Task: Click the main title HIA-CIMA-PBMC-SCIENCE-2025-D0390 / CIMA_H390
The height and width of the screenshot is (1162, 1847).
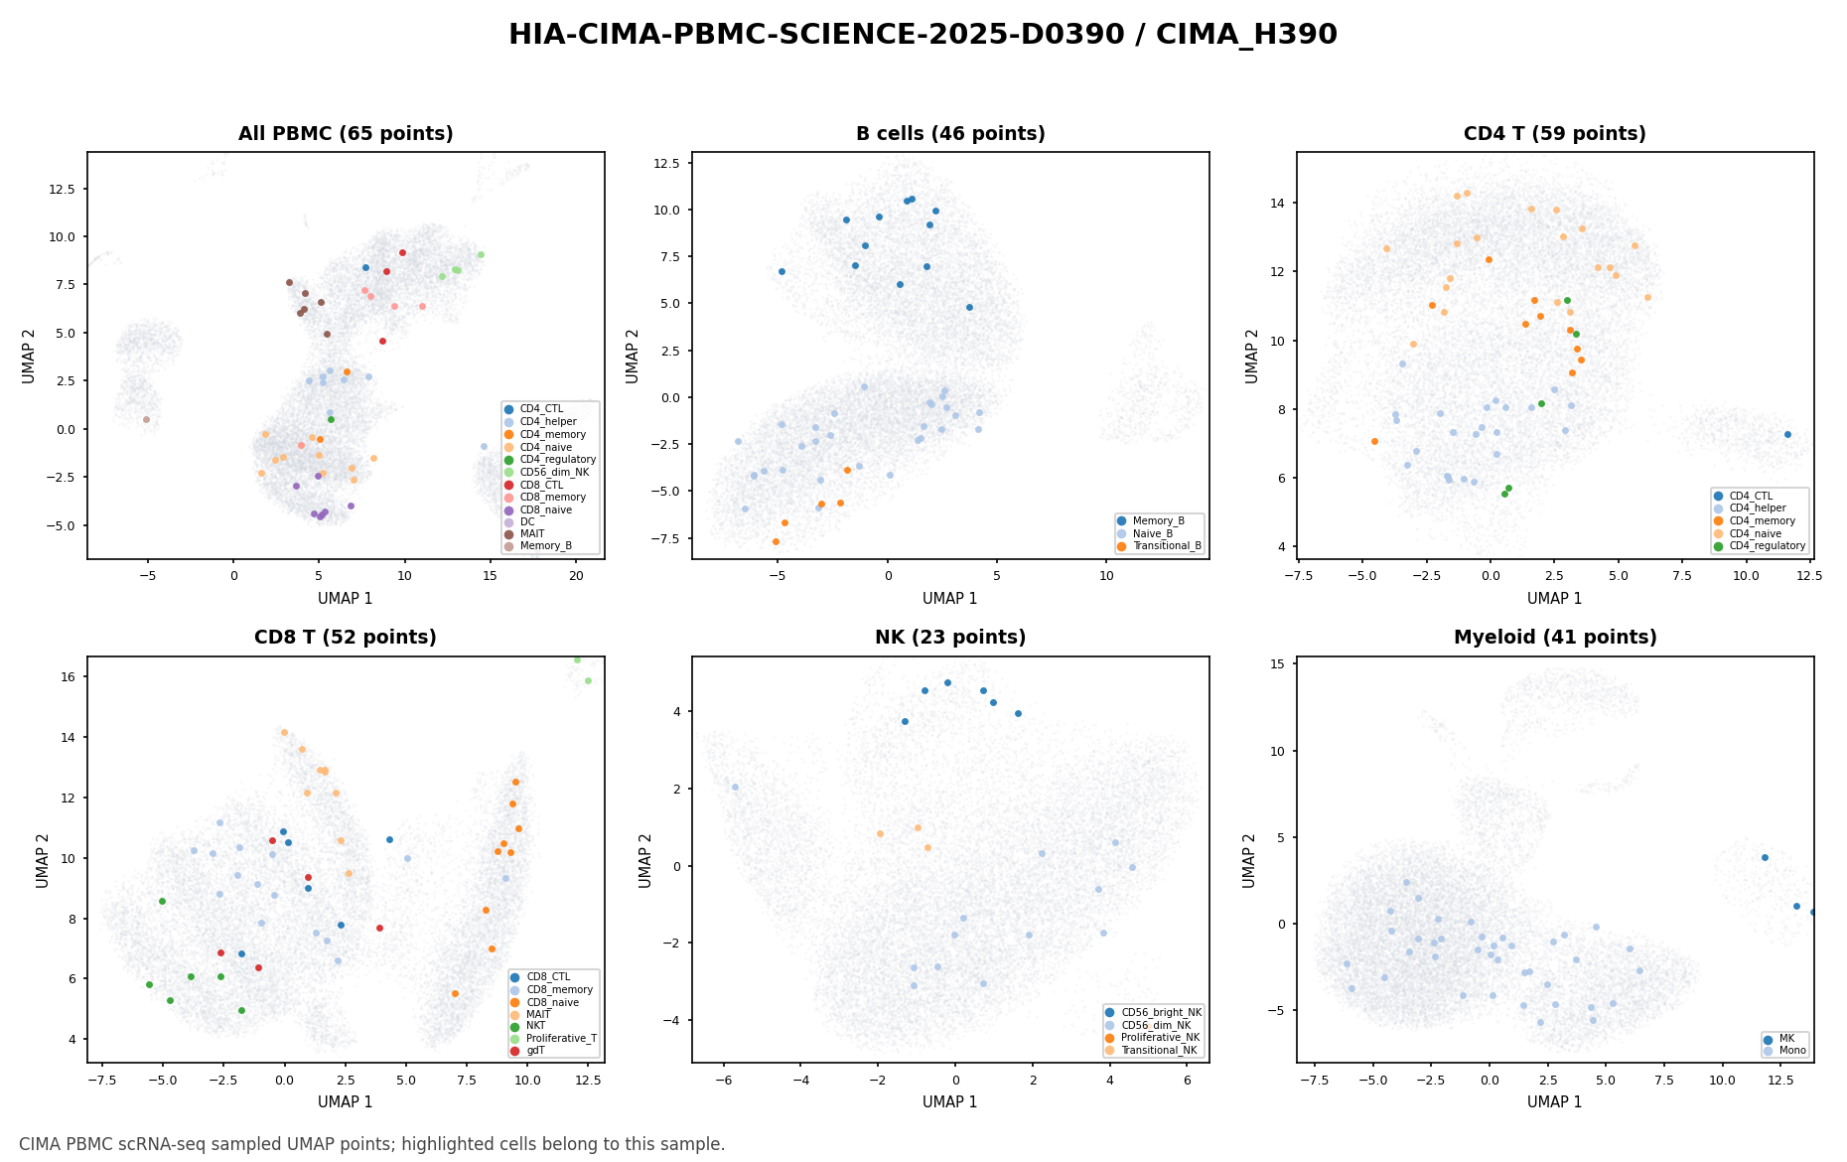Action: (923, 35)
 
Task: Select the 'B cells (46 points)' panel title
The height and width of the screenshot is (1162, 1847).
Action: (950, 134)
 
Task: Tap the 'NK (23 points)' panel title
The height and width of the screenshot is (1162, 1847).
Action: (950, 638)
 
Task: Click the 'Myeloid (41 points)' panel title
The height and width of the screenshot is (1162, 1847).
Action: (1555, 638)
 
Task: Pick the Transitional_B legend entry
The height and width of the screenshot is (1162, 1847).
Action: (1159, 546)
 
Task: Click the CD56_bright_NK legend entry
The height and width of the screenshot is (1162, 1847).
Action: (1154, 1013)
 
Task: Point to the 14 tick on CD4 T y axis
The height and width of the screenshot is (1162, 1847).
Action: (1280, 204)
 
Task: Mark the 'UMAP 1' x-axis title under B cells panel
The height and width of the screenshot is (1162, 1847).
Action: (950, 599)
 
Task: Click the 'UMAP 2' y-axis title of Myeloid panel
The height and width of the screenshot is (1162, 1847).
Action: (1250, 860)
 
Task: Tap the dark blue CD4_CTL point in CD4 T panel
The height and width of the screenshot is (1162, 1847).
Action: (1787, 434)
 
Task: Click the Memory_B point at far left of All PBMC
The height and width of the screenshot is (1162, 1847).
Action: (146, 419)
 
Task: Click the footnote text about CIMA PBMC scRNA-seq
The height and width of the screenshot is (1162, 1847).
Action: (372, 1144)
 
